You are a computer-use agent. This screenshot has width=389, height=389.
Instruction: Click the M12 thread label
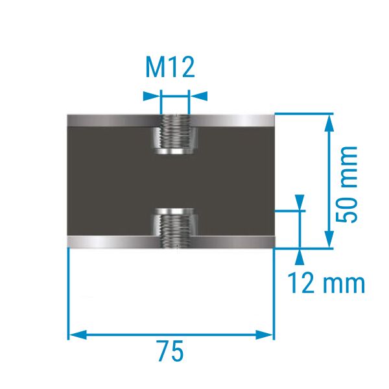pos(170,67)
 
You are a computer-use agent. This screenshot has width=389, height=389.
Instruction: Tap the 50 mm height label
pos(346,184)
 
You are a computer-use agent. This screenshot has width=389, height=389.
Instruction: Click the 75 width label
pos(171,351)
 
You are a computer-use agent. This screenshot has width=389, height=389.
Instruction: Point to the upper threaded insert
pos(175,134)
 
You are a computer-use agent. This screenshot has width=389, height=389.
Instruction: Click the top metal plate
pos(171,121)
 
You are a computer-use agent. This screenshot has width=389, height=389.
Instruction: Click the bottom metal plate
pos(171,242)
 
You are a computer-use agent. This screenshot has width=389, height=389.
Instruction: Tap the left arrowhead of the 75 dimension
pos(78,335)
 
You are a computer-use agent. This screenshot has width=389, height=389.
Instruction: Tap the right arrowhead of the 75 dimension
pos(265,335)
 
